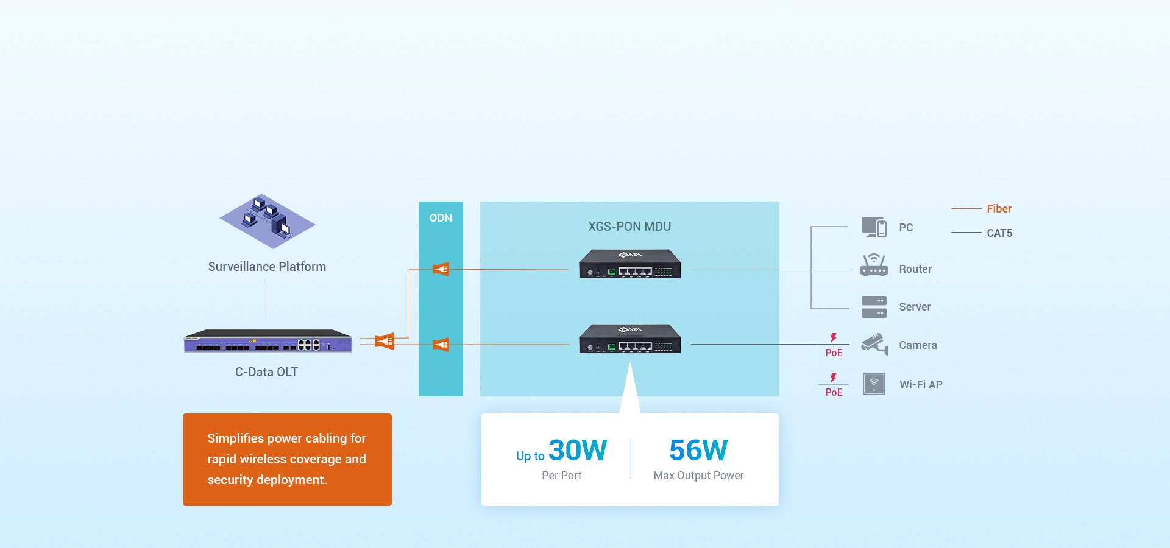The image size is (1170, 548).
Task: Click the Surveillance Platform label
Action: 267,267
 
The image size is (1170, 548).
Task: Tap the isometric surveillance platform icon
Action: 268,221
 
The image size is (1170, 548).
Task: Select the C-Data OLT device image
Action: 268,341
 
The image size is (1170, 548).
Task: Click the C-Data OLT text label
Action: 266,372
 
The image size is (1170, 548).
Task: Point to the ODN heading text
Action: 441,218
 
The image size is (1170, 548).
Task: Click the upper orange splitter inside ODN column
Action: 441,269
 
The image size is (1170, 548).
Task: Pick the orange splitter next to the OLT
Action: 385,341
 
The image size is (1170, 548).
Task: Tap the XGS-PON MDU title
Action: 629,227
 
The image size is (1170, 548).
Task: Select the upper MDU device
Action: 629,264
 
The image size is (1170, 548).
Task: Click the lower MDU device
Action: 629,339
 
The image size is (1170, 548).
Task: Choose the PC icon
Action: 874,227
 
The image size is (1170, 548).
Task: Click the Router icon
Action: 874,265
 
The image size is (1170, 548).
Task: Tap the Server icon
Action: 874,307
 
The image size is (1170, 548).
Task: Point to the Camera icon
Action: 874,344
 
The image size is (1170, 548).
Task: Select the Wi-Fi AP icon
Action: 874,384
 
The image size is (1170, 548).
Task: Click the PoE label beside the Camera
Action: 834,353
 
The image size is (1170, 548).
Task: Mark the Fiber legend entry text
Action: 999,209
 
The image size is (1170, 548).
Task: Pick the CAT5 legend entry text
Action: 999,233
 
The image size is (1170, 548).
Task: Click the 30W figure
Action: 577,451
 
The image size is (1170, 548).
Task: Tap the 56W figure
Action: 698,451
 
